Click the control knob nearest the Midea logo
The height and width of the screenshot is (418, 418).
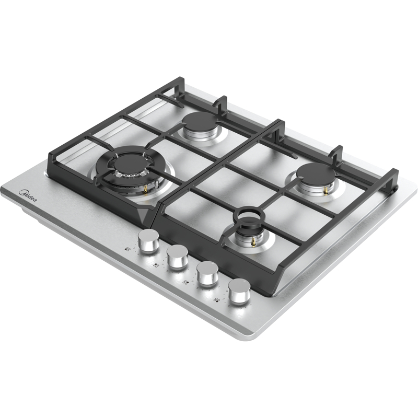(148, 241)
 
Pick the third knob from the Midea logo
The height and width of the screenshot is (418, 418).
(207, 273)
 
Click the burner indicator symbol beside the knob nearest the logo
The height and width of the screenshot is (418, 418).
(127, 250)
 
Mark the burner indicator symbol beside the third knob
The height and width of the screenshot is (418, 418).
(185, 283)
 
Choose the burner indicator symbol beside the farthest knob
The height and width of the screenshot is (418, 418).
(217, 300)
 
